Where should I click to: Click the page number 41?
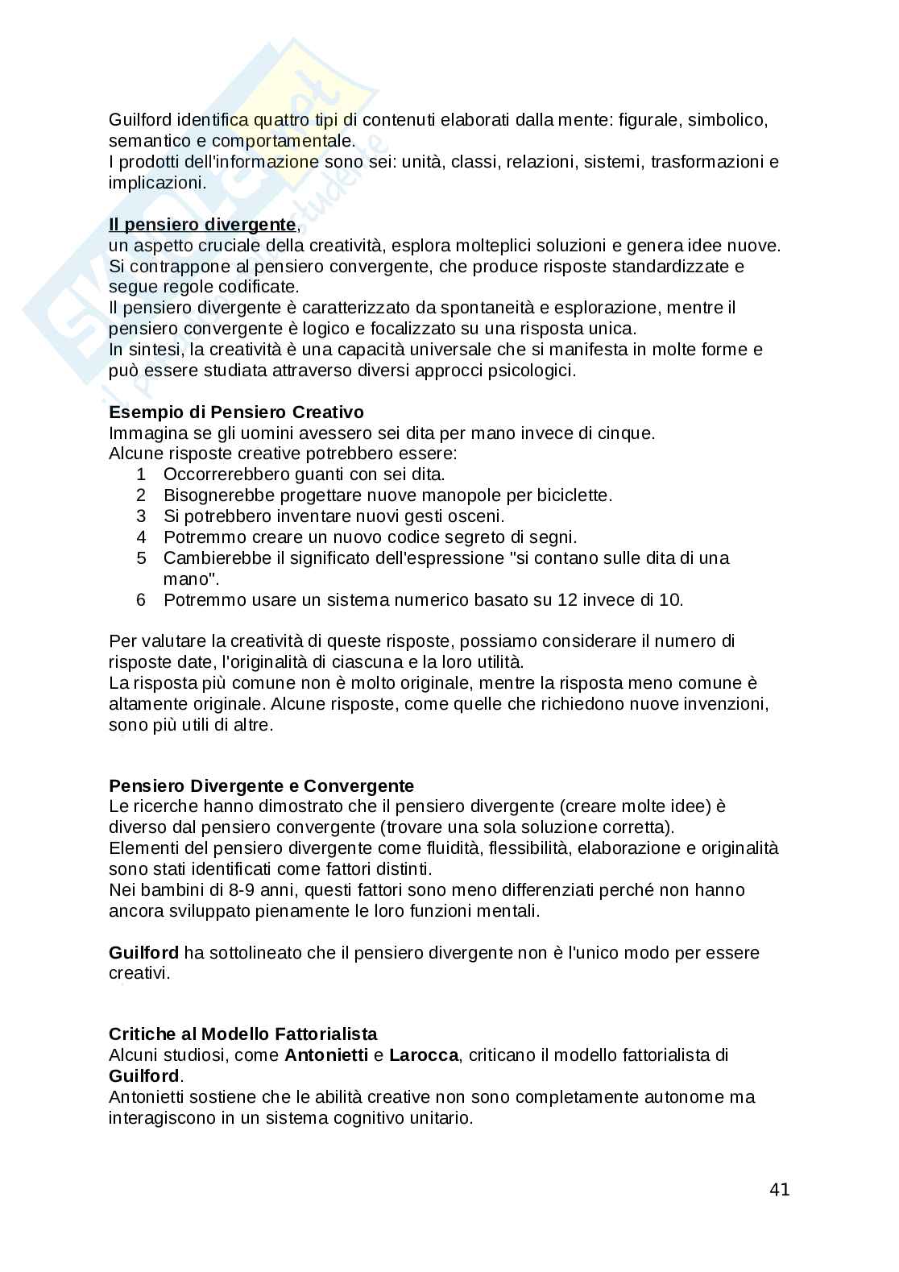[780, 1190]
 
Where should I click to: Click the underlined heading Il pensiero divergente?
[202, 225]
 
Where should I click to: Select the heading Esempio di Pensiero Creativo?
[236, 412]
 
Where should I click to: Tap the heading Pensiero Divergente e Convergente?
[261, 785]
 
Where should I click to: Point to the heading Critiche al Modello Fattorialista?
[242, 1034]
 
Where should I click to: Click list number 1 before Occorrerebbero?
[141, 474]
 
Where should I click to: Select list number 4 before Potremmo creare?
[141, 537]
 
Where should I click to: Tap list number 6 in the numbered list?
[141, 600]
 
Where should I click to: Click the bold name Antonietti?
[325, 1054]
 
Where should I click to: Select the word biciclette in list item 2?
[574, 495]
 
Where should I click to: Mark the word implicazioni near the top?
[157, 183]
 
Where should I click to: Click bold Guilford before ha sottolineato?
[143, 953]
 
